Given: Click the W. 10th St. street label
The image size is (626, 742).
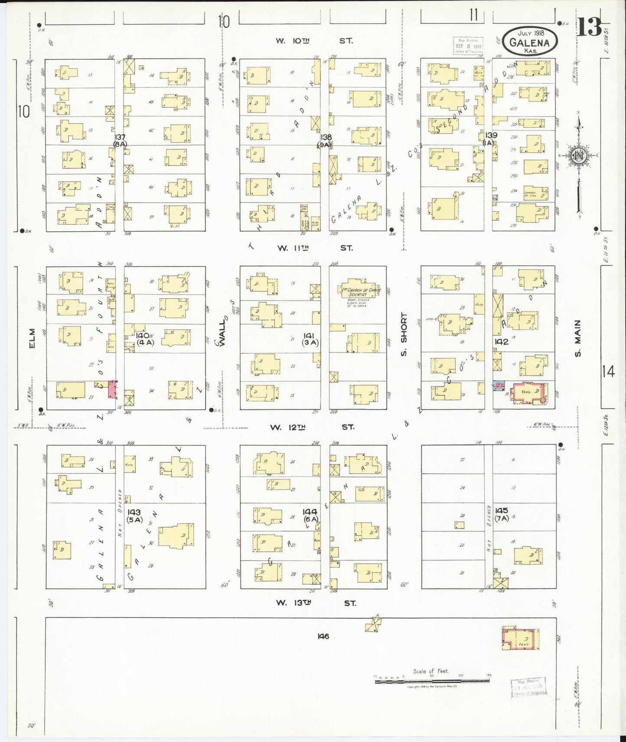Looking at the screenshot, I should (x=314, y=41).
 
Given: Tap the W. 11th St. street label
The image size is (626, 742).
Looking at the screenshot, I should (x=315, y=248).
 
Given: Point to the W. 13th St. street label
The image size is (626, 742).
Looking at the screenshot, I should (x=315, y=603).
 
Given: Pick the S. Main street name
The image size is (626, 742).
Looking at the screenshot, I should (x=577, y=339).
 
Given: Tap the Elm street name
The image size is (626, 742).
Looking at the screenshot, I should (x=32, y=338).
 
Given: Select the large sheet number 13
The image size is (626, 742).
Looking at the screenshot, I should (x=589, y=28).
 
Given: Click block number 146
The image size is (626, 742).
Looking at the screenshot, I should (x=323, y=636).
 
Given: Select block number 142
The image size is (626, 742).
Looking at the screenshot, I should (x=502, y=342).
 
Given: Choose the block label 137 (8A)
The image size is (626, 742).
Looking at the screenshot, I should (x=120, y=140).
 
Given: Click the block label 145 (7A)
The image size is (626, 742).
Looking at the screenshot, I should (x=502, y=514).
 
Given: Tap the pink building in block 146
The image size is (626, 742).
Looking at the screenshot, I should (x=520, y=638).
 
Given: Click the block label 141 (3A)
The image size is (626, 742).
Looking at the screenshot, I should (x=310, y=339).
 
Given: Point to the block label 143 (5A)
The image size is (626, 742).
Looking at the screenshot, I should (x=134, y=516).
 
